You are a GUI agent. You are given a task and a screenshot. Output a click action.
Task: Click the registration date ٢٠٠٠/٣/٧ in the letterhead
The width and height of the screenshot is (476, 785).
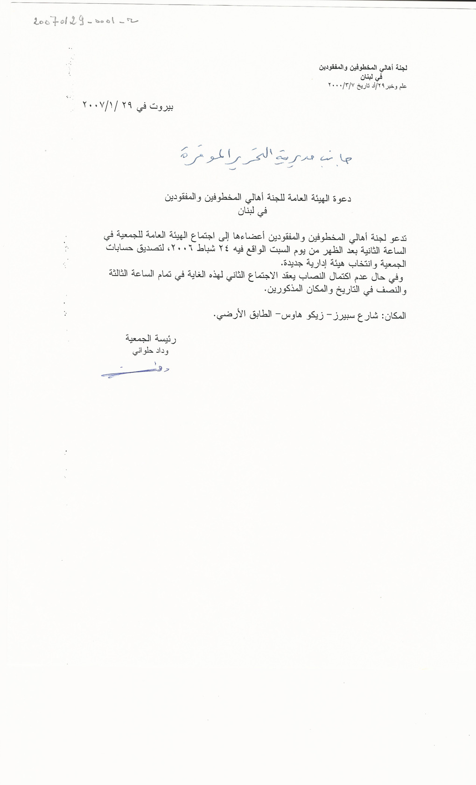click(x=342, y=86)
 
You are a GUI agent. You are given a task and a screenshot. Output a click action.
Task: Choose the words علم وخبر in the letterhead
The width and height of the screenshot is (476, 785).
click(x=396, y=86)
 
